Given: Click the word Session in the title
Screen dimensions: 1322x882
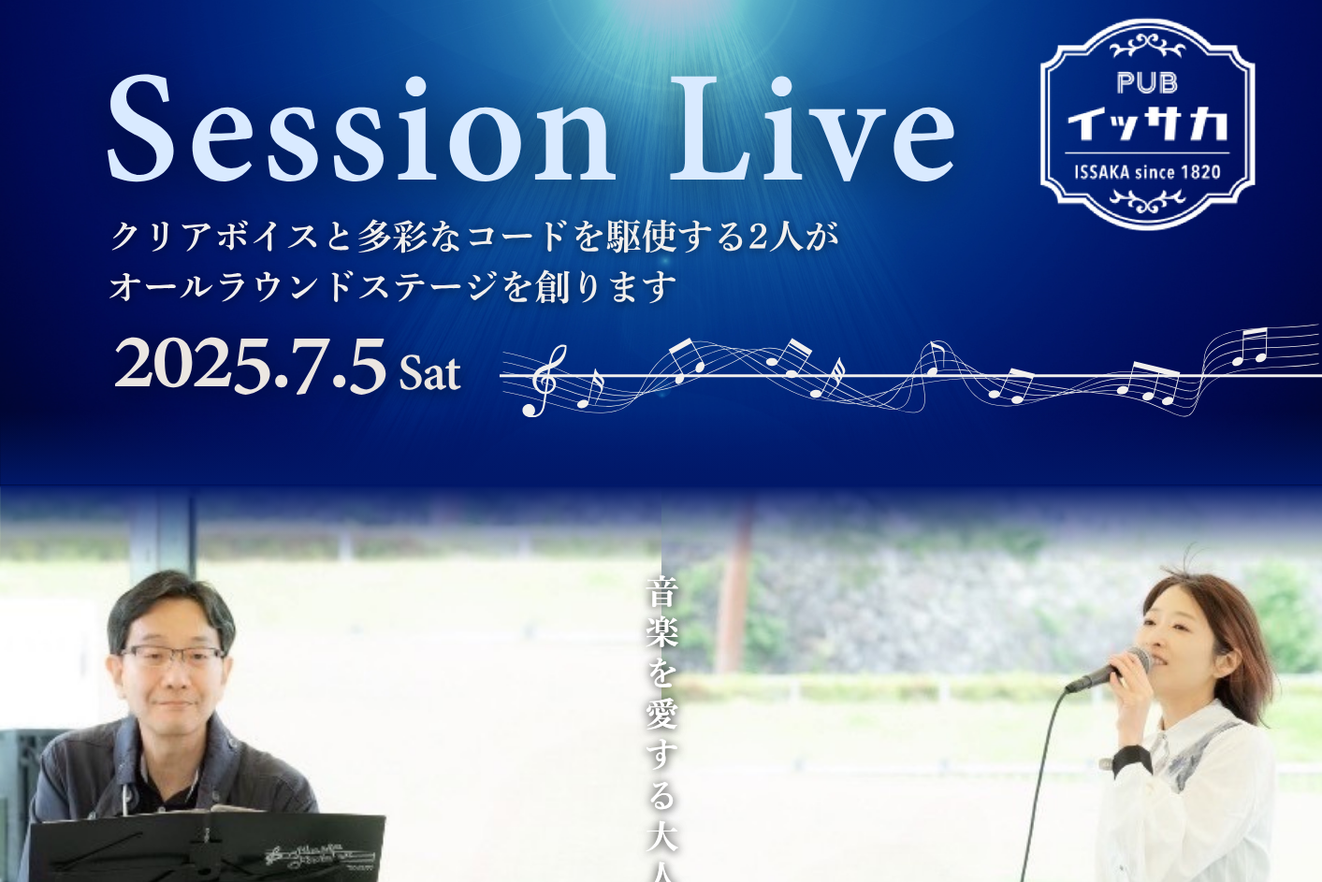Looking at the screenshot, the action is [359, 128].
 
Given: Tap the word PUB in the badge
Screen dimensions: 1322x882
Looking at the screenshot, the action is [1147, 83].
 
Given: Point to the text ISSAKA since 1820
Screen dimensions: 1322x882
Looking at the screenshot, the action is [1147, 172].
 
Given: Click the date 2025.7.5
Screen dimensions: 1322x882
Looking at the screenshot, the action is [250, 367].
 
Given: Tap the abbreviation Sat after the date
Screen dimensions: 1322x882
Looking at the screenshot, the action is [429, 373].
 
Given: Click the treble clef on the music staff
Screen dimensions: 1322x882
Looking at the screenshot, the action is [545, 381].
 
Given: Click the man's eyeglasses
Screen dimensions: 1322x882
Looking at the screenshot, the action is [172, 656].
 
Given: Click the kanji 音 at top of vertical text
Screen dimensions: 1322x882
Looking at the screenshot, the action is [661, 591].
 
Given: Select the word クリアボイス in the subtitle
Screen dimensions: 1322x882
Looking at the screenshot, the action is [213, 237].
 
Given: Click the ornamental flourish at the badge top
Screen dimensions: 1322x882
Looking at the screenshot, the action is [1147, 46].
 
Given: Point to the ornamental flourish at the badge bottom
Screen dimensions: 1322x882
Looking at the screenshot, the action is [1147, 201].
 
